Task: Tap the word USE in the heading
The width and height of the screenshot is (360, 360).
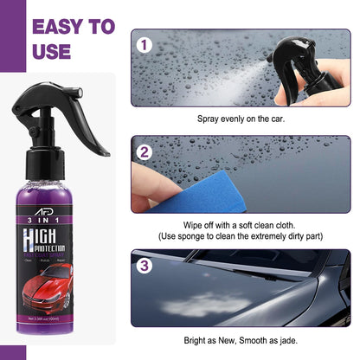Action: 51,52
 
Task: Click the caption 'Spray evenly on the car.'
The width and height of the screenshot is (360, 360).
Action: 240,118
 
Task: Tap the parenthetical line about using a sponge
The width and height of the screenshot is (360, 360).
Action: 240,235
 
